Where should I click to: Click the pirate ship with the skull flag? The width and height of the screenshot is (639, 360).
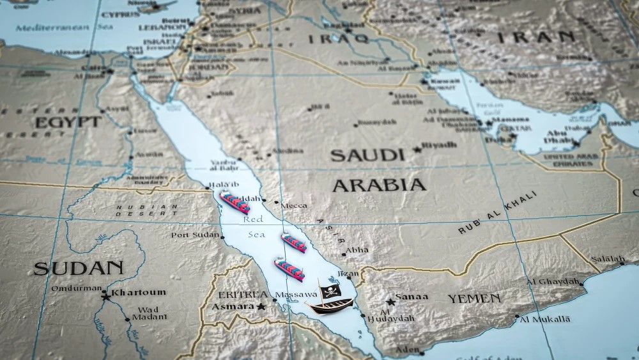pyautogui.click(x=327, y=304)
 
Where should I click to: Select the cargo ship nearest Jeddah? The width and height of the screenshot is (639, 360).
pyautogui.click(x=235, y=201)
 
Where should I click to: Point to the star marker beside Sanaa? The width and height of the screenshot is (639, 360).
pyautogui.click(x=390, y=302)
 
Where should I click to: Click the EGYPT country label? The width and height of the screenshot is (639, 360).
pyautogui.click(x=68, y=122)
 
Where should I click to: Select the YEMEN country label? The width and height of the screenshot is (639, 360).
pyautogui.click(x=473, y=299)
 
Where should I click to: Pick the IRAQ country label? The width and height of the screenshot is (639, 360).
pyautogui.click(x=338, y=39)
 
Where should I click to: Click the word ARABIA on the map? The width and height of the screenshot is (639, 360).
pyautogui.click(x=379, y=185)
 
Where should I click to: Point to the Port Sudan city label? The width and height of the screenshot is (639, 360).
pyautogui.click(x=195, y=235)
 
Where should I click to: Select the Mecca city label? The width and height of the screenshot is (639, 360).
pyautogui.click(x=294, y=205)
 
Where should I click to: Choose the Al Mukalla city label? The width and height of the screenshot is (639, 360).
pyautogui.click(x=545, y=318)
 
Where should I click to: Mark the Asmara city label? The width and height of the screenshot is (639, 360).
pyautogui.click(x=236, y=307)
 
